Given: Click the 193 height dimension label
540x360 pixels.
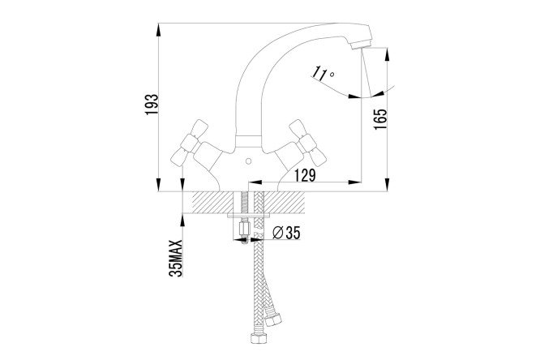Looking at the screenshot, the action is pos(152,105).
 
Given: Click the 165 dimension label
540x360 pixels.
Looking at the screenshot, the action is pos(380,119).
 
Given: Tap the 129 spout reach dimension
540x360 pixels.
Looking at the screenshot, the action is pos(304,175).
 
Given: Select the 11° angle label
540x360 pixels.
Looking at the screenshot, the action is pos(323,73).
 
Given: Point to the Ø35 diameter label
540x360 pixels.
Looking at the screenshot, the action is pos(286,233).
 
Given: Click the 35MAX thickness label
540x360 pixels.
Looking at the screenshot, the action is pos(176,258).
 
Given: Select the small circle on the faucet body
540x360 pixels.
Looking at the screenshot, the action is pos(247,161).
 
